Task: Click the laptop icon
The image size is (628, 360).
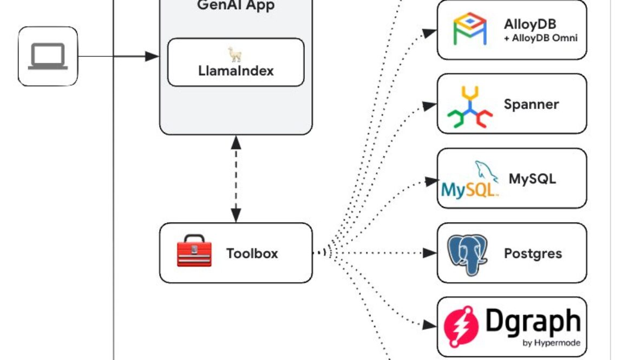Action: click(48, 56)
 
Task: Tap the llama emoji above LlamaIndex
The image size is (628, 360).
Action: click(235, 54)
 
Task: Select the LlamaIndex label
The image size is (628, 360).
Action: click(235, 71)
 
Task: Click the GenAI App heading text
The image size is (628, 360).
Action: click(235, 6)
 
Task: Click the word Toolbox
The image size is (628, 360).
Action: click(252, 253)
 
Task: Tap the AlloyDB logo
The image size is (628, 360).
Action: click(469, 30)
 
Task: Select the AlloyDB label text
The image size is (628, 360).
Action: click(529, 24)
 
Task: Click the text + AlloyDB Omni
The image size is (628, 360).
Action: click(540, 38)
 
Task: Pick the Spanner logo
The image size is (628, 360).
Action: click(469, 106)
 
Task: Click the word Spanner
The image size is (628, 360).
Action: click(531, 104)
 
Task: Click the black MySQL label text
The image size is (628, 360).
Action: click(532, 178)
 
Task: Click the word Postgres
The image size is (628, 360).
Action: click(533, 253)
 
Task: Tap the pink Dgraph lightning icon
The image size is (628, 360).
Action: click(461, 326)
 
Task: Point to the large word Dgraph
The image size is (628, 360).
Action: click(533, 321)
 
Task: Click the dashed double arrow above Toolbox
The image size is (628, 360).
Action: click(236, 179)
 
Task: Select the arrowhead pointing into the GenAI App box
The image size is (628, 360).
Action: click(152, 56)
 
